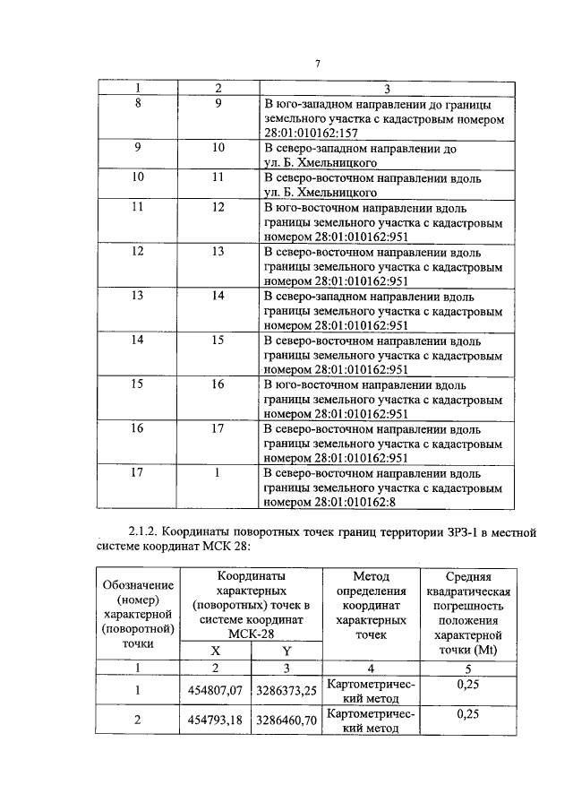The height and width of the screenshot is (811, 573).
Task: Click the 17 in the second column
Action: (218, 427)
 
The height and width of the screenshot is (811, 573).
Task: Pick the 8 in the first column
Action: (138, 104)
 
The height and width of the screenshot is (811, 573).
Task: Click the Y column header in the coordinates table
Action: (286, 651)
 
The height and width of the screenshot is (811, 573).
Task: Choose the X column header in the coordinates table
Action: (215, 651)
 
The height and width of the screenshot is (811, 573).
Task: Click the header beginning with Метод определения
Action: (371, 605)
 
